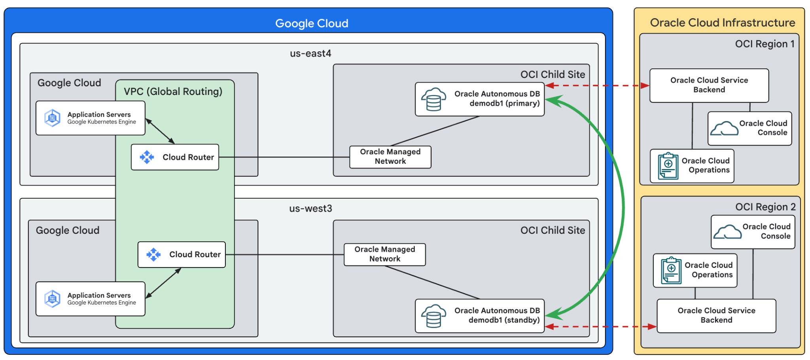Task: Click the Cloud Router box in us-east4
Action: (175, 157)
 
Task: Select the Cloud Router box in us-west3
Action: (182, 254)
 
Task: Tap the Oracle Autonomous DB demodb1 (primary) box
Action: (479, 99)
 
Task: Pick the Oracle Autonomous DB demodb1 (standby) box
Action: (479, 316)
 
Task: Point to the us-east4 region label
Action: (310, 53)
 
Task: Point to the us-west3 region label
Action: (310, 208)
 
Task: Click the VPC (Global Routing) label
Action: (173, 91)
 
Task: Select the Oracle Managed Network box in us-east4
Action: (390, 157)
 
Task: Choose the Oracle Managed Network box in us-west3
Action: (384, 254)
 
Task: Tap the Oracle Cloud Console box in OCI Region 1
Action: (749, 128)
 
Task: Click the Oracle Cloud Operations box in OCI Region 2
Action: (695, 270)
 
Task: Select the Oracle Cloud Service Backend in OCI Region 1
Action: (709, 85)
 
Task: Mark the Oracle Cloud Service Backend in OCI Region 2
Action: (716, 315)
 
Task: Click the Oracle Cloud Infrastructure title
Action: (722, 23)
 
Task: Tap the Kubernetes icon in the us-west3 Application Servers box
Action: (52, 299)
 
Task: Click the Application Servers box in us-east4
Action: (90, 118)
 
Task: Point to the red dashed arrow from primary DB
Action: (597, 85)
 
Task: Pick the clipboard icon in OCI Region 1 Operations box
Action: (668, 166)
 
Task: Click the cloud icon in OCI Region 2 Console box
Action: (727, 232)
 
